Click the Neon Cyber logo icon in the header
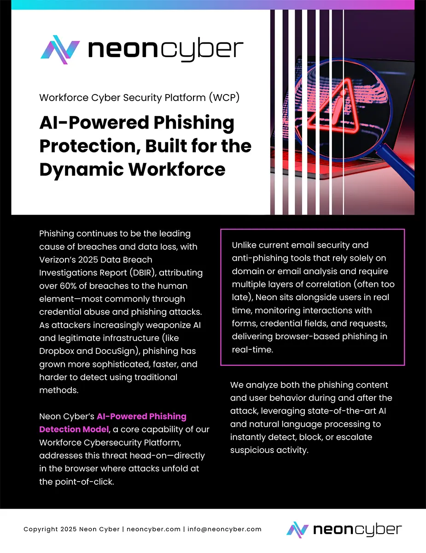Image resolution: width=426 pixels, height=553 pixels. click(60, 50)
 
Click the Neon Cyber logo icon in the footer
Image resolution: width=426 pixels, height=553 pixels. click(297, 529)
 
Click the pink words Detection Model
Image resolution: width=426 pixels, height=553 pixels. click(73, 429)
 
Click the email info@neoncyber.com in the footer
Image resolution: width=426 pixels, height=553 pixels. click(225, 529)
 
